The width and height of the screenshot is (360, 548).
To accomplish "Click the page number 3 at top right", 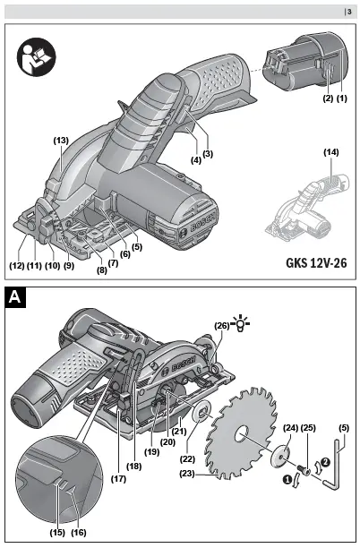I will (x=349, y=11).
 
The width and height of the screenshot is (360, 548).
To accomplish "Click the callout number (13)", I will (x=61, y=141).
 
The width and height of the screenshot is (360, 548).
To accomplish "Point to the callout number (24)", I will (x=289, y=427).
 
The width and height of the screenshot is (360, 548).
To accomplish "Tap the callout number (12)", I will (x=17, y=266).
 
